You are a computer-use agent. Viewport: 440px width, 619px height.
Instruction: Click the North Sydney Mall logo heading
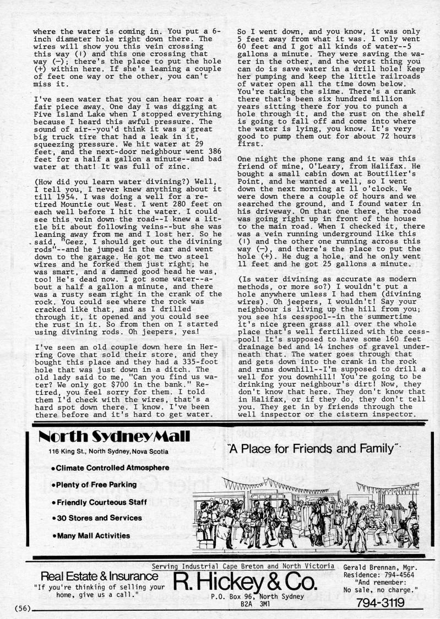click(x=115, y=437)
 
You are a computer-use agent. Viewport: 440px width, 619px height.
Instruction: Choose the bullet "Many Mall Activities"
click(x=90, y=535)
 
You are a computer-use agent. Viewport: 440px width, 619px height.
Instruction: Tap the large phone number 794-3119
click(x=381, y=602)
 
